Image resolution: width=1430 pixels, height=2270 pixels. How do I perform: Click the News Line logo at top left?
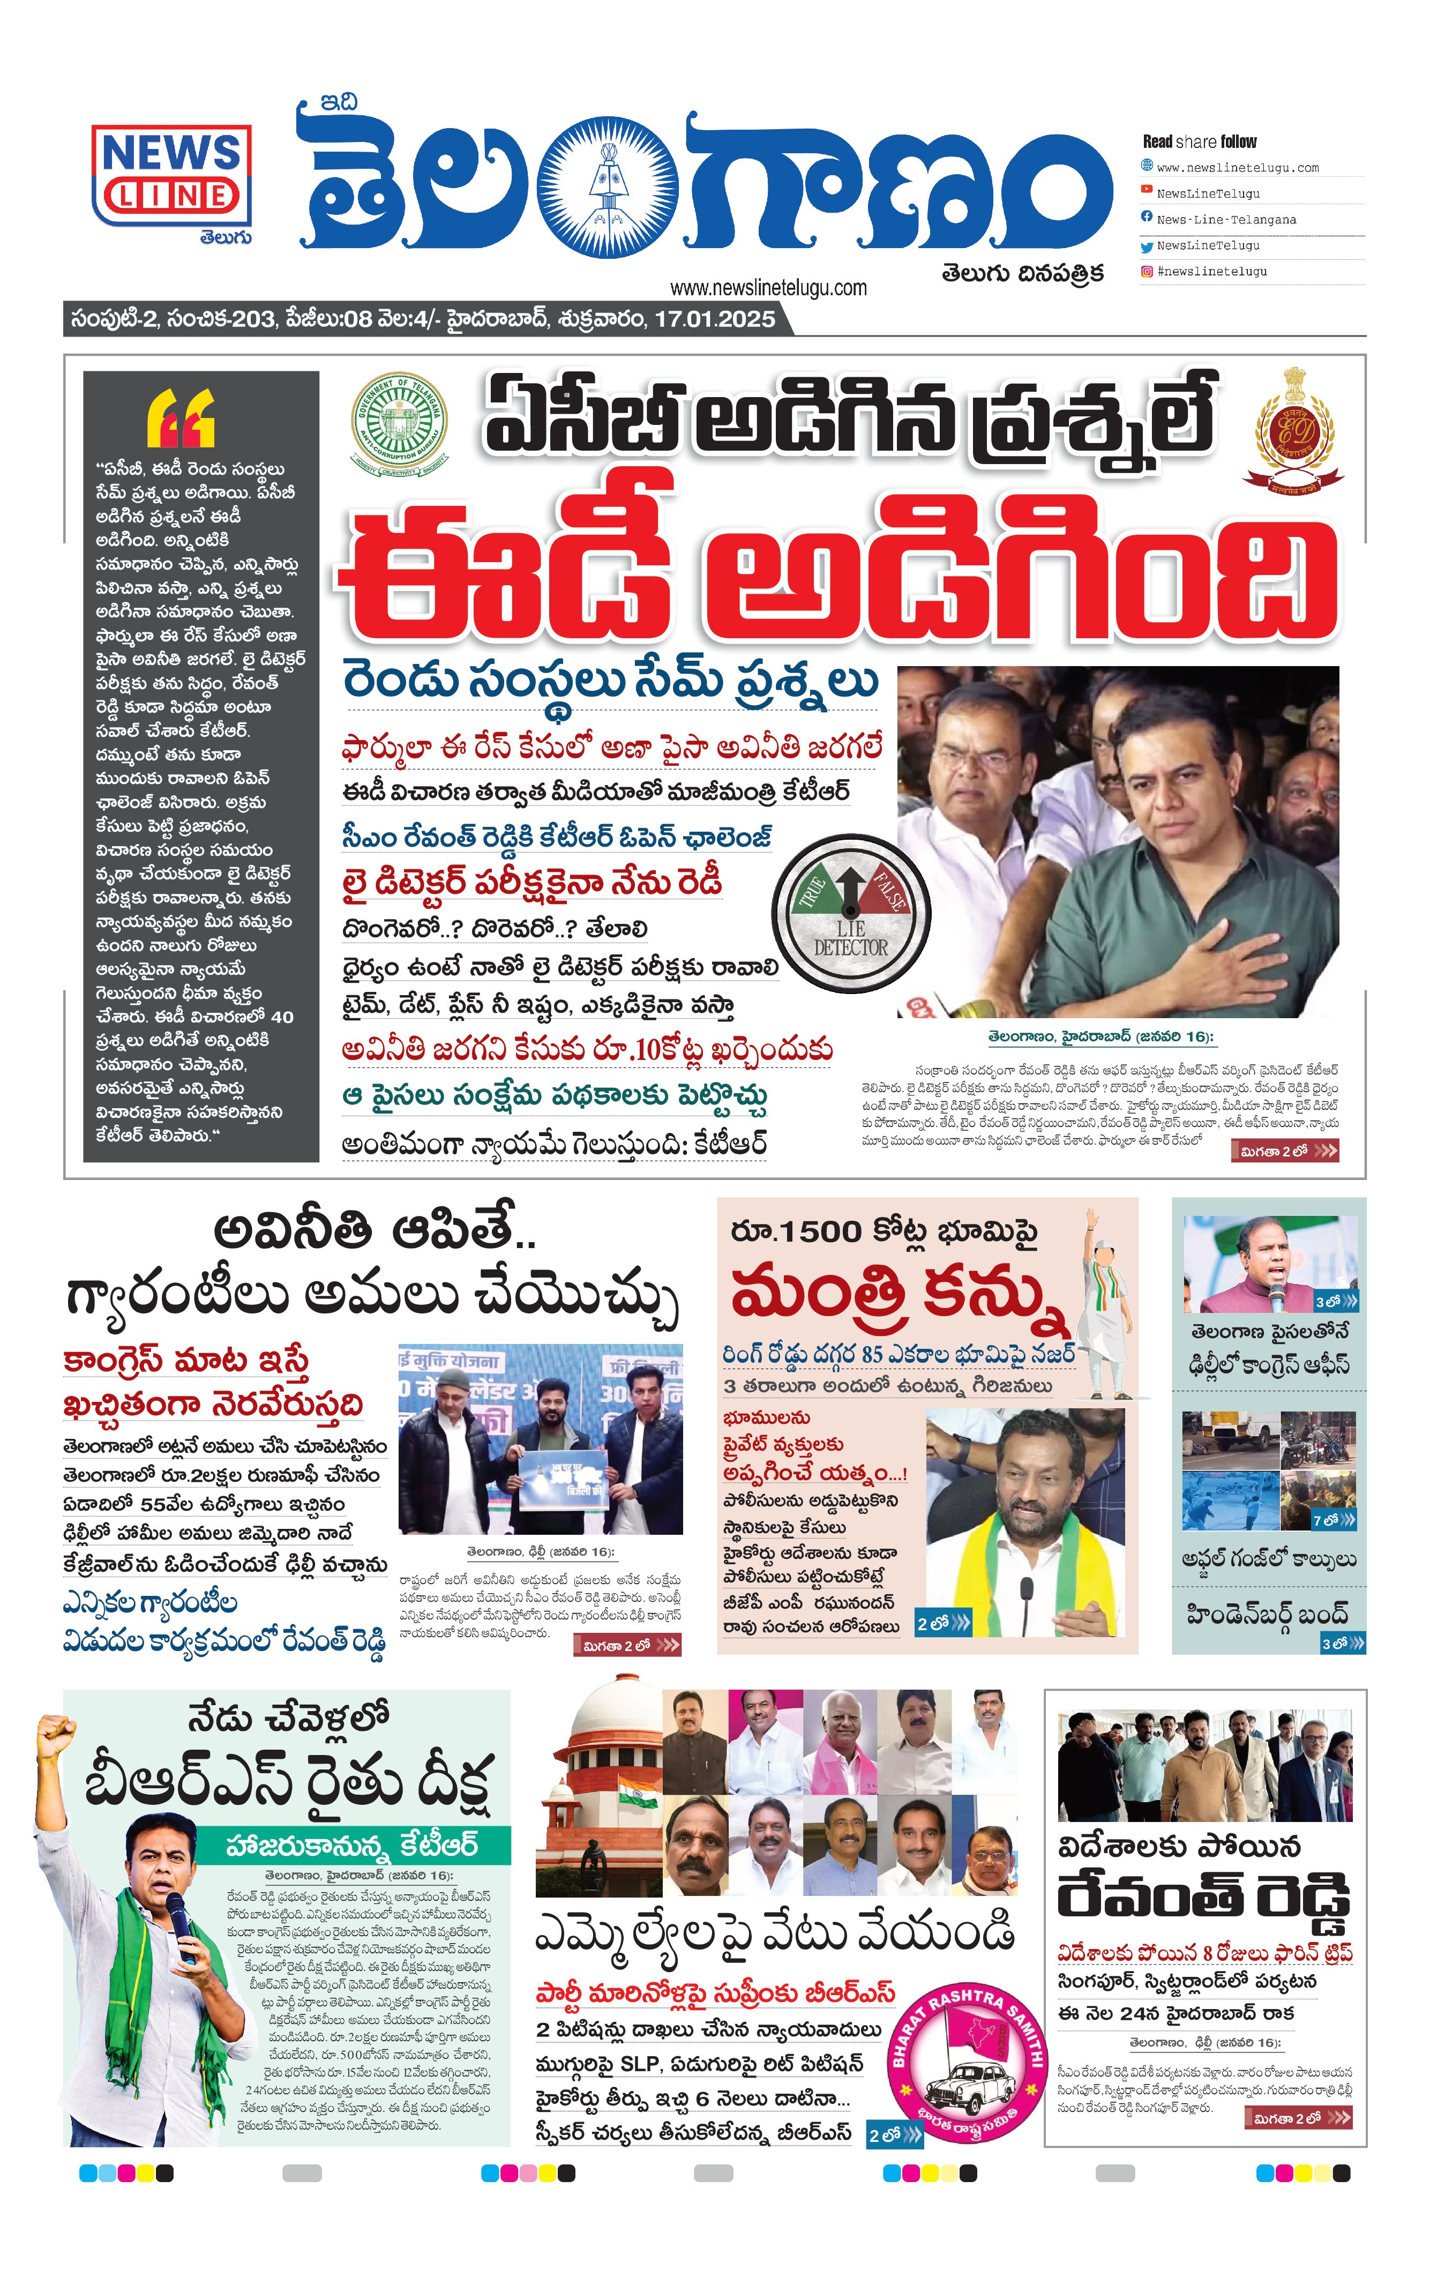click(x=171, y=176)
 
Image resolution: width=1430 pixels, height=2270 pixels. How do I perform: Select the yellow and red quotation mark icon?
click(x=181, y=417)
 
